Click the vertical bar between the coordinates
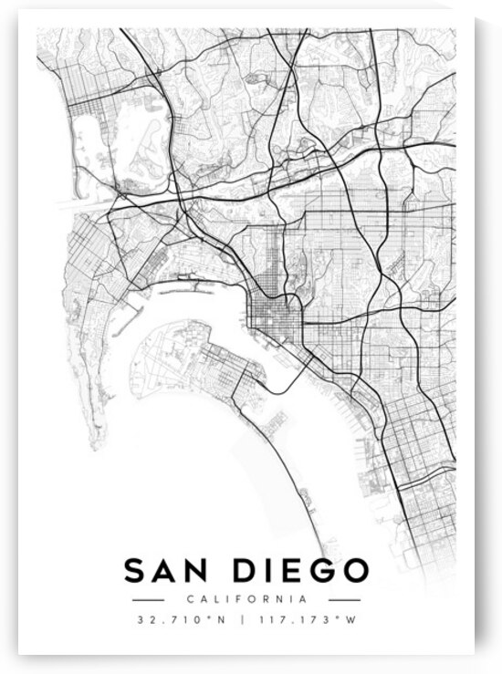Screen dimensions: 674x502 (x=242, y=619)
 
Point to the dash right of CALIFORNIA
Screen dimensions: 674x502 (x=344, y=600)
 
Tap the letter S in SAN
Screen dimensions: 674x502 (x=135, y=571)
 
